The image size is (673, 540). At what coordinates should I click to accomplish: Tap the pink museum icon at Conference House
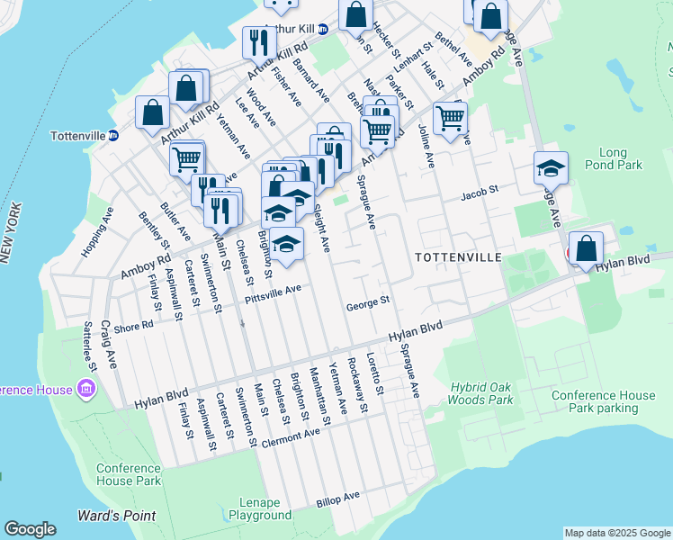[86, 389]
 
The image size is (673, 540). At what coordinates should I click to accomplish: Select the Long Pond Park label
[621, 158]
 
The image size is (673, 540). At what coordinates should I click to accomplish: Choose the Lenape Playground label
[259, 508]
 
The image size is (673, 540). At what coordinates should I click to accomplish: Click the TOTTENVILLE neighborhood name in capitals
[458, 257]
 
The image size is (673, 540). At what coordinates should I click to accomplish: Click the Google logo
[30, 529]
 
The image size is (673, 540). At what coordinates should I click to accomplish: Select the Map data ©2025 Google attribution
[617, 533]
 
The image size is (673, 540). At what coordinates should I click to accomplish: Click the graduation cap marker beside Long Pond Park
[551, 167]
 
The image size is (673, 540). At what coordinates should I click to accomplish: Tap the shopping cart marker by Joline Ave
[450, 117]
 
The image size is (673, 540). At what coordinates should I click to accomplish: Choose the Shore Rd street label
[134, 327]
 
